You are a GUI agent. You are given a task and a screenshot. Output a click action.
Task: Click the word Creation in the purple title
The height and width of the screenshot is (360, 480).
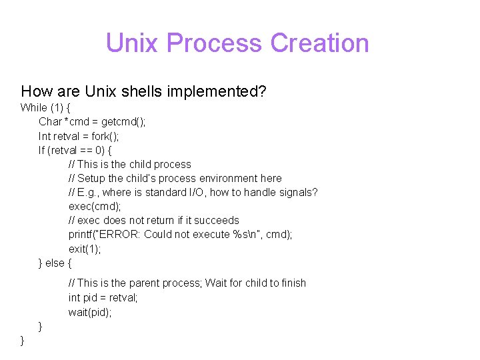click(x=319, y=43)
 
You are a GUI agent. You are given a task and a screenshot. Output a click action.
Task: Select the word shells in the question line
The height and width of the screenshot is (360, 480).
click(x=131, y=91)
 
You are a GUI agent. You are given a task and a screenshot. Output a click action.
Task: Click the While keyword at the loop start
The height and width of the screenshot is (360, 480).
click(x=34, y=107)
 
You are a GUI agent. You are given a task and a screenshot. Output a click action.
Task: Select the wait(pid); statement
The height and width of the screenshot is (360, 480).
click(x=90, y=312)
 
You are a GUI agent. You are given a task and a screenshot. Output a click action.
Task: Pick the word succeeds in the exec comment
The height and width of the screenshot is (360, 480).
click(x=217, y=220)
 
